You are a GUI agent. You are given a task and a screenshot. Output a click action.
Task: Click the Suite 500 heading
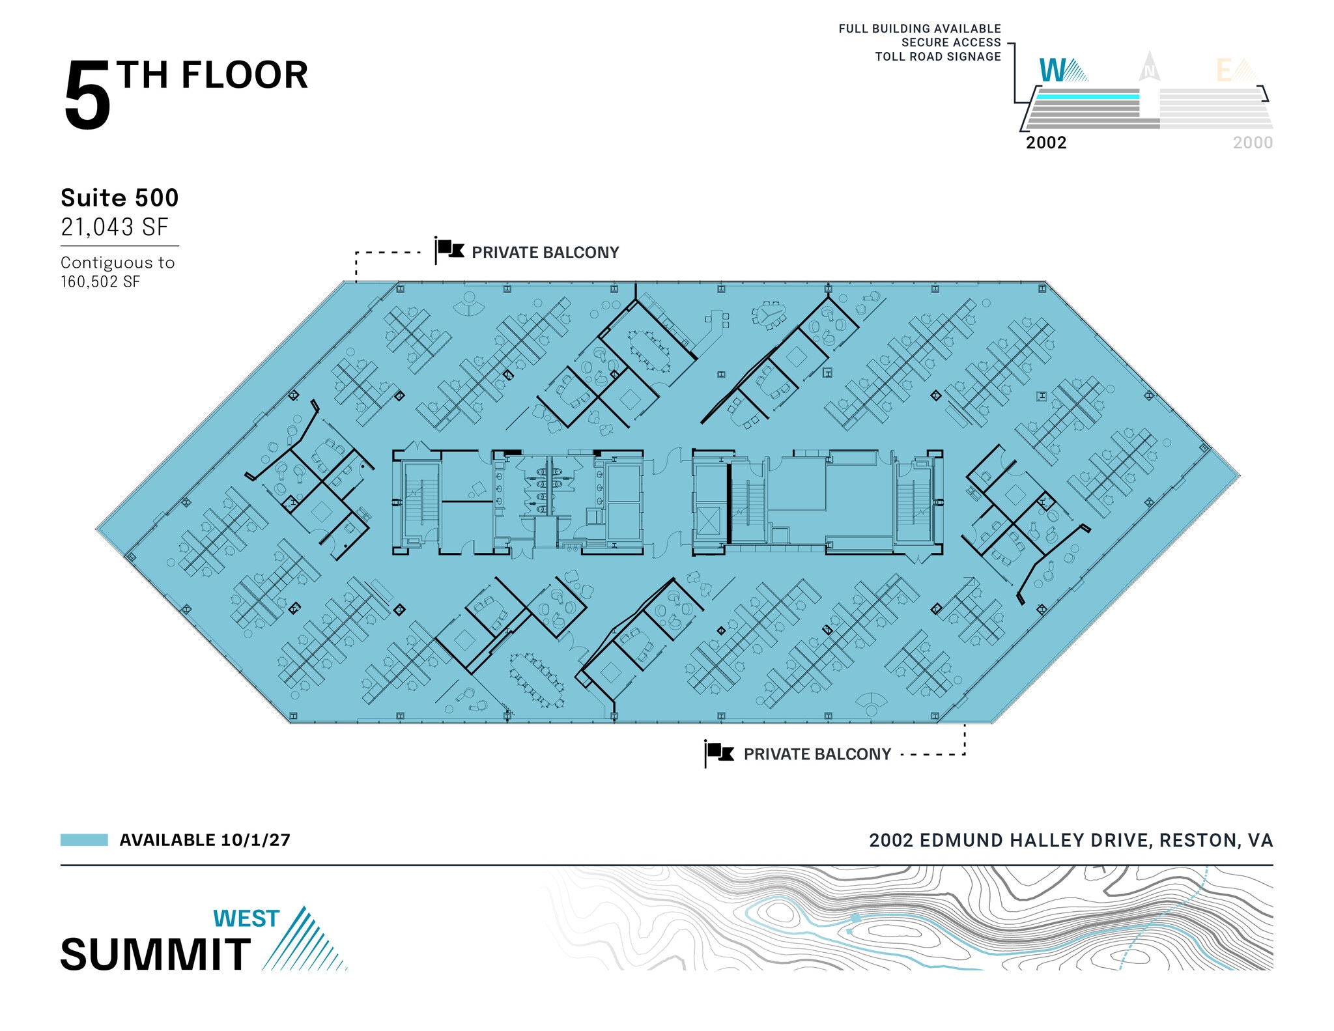click(x=119, y=197)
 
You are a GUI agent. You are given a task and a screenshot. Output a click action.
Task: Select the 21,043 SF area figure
click(x=115, y=227)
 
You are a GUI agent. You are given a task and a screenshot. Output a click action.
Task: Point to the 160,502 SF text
click(x=100, y=281)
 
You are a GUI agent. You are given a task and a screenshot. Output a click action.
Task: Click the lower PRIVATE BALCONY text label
click(x=817, y=754)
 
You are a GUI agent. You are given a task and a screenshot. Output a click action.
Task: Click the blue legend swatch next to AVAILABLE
click(x=84, y=840)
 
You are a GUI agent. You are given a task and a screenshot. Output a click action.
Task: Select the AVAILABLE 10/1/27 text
click(x=205, y=840)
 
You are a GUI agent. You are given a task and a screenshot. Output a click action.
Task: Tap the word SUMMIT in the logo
click(x=156, y=954)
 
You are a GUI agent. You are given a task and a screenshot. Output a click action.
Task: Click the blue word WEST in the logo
click(x=246, y=918)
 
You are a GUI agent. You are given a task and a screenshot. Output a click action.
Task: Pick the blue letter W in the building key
click(x=1053, y=70)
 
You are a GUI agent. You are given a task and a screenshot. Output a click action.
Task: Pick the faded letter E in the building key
click(x=1225, y=71)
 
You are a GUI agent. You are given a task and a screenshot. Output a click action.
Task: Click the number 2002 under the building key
click(x=1046, y=143)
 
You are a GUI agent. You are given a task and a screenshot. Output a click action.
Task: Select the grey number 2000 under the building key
click(x=1252, y=143)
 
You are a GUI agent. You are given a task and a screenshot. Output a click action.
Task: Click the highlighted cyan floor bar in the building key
click(x=1087, y=96)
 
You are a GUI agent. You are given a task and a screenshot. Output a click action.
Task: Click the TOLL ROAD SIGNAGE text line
click(x=937, y=57)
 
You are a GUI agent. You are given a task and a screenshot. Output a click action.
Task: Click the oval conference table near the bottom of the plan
click(x=537, y=679)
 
